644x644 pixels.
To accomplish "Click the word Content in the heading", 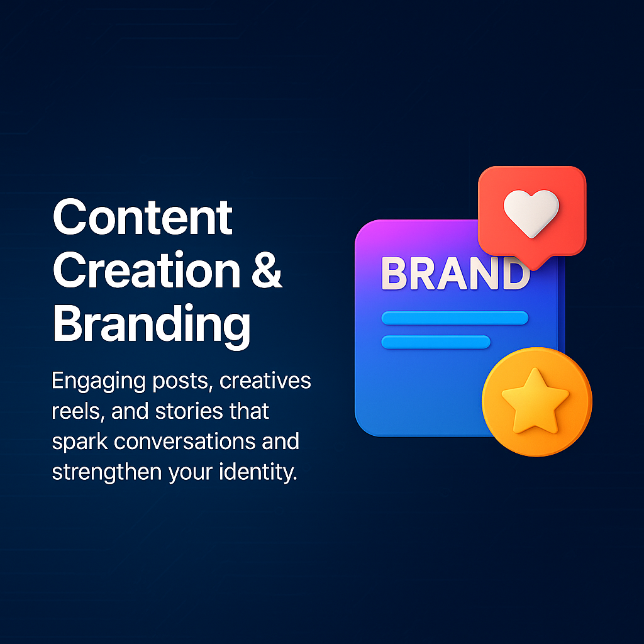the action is (x=143, y=217).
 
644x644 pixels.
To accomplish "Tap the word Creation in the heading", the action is (x=147, y=270).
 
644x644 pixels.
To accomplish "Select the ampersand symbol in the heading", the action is (x=267, y=270).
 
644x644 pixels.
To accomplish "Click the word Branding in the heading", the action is (x=152, y=325).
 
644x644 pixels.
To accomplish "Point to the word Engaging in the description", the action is (x=99, y=382).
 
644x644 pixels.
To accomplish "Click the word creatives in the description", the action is (x=265, y=380).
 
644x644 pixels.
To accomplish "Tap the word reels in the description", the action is (x=76, y=411).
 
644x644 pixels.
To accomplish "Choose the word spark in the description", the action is (x=80, y=442).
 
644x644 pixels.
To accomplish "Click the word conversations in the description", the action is (x=185, y=441).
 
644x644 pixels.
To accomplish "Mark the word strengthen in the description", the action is (x=106, y=473).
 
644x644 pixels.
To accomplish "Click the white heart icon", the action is (x=531, y=213).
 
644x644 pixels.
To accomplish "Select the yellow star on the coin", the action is (x=535, y=401).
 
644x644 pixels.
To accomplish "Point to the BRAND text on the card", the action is (x=455, y=273).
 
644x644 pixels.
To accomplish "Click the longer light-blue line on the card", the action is (x=455, y=318).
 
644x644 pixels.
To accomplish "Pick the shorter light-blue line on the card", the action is (x=436, y=342).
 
